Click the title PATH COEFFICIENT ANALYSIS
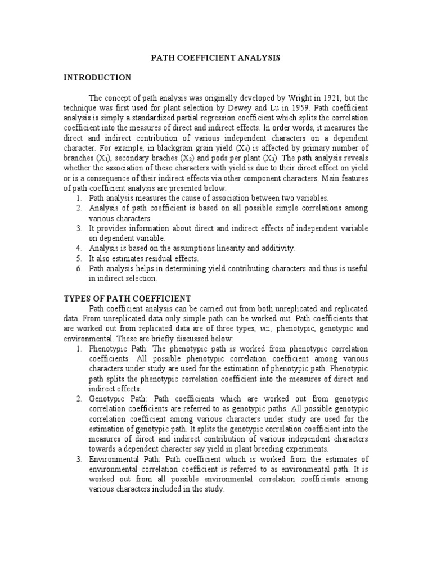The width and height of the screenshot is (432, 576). point(217,58)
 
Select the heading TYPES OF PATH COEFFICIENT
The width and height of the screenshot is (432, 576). point(127,298)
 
